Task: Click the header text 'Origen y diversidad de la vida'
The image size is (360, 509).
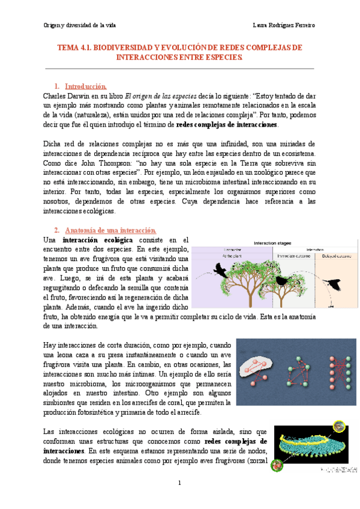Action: pyautogui.click(x=80, y=25)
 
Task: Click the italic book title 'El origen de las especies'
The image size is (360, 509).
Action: pyautogui.click(x=177, y=95)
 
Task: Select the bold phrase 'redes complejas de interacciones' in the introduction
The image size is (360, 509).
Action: pyautogui.click(x=227, y=124)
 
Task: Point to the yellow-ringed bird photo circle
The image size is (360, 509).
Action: pyautogui.click(x=338, y=428)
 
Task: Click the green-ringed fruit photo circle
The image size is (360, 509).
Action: pyautogui.click(x=278, y=465)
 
